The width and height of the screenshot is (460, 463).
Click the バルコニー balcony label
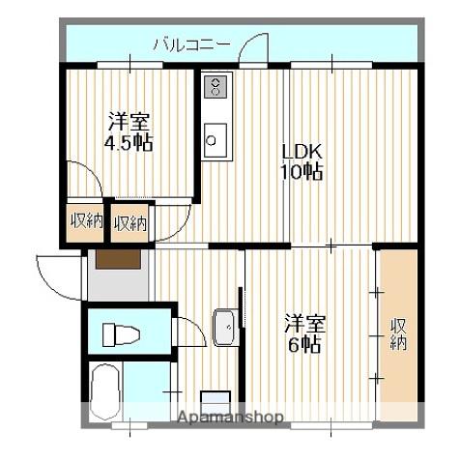(192, 45)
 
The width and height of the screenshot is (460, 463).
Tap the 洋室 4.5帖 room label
(129, 131)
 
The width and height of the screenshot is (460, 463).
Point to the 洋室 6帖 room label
(304, 334)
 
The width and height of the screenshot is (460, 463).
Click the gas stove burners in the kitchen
(216, 86)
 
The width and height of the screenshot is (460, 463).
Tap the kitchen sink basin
(216, 140)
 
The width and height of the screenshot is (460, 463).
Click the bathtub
(105, 391)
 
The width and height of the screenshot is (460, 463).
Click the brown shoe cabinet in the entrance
(119, 259)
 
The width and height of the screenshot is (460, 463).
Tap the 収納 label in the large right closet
(399, 334)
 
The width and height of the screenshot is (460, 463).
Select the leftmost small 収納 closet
(86, 221)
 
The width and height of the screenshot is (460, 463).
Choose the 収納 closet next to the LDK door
(130, 222)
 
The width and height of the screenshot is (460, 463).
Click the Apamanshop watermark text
(230, 418)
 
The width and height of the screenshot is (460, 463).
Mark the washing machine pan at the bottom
(216, 400)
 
